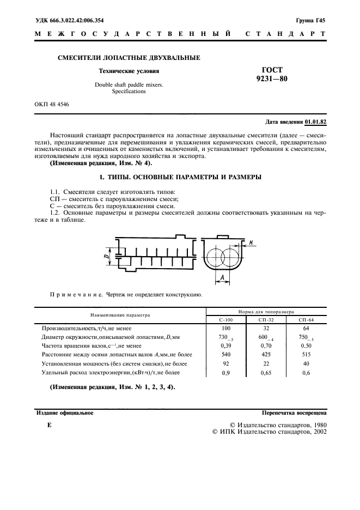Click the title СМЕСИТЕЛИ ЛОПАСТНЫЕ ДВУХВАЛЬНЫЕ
click(x=129, y=58)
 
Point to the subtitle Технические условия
click(x=129, y=71)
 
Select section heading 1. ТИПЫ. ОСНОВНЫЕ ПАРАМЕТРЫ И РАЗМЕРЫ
click(x=180, y=177)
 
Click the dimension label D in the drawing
click(x=106, y=254)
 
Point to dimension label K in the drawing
click(x=251, y=241)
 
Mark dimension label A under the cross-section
click(x=223, y=278)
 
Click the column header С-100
click(x=226, y=320)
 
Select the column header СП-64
click(x=307, y=320)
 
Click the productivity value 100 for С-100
click(x=226, y=329)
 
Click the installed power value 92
click(x=226, y=363)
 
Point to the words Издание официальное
click(x=64, y=413)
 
